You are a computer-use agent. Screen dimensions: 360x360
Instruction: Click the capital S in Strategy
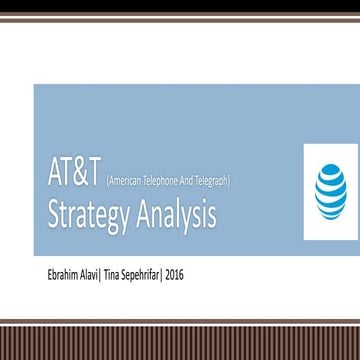[x=46, y=205]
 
